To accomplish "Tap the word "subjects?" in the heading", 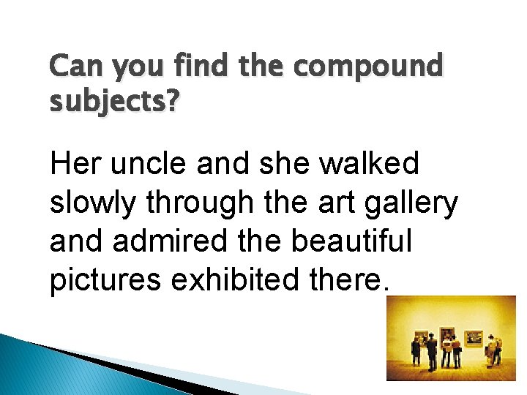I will click(113, 101).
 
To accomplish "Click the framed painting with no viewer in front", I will click(474, 338).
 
